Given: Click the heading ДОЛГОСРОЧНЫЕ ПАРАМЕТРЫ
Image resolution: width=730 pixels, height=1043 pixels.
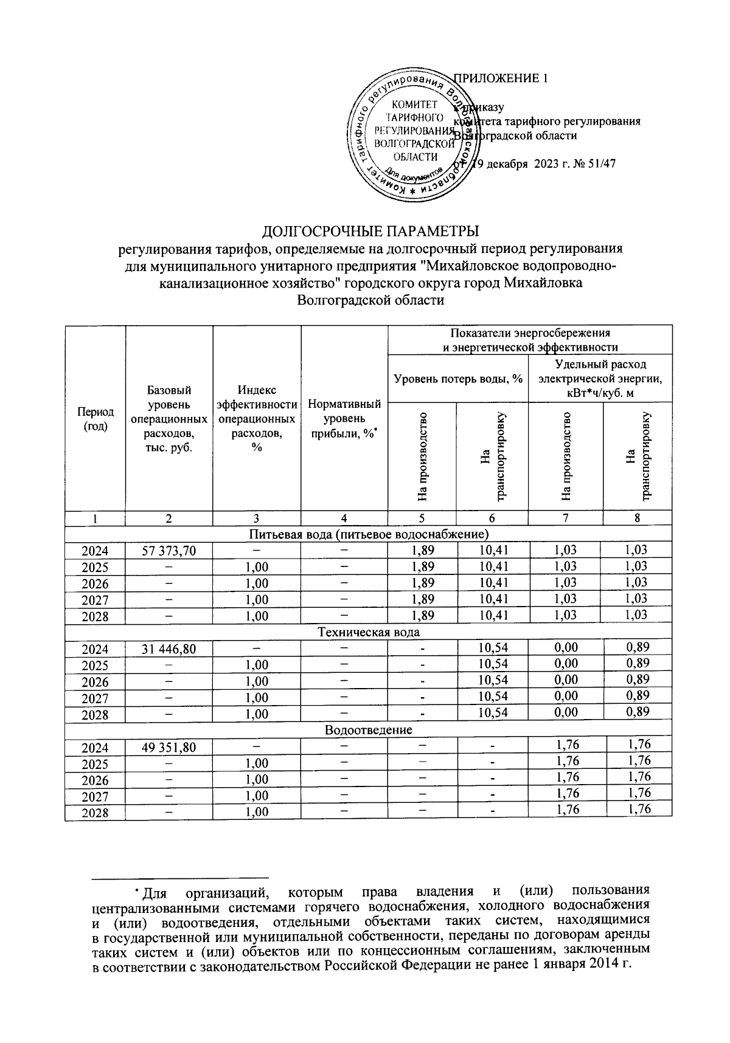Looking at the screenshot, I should tap(370, 232).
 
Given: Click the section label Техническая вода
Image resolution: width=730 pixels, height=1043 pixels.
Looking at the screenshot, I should tap(369, 632).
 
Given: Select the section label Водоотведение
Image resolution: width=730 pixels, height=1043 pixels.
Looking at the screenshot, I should tap(369, 730).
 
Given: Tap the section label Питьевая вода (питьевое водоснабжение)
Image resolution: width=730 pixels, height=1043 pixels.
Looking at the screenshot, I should tap(369, 534).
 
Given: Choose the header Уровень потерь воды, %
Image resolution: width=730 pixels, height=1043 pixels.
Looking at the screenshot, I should tap(459, 379).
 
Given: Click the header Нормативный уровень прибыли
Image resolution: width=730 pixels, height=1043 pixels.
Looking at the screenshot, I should tap(344, 419).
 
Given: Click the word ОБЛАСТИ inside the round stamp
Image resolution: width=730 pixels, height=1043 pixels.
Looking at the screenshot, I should tap(414, 157).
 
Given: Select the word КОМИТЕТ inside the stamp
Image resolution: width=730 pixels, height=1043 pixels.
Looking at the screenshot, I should tap(414, 105).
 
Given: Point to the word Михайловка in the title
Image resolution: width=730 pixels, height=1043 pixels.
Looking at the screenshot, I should tap(545, 283).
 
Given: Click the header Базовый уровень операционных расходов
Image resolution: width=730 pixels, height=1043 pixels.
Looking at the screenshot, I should tap(169, 419).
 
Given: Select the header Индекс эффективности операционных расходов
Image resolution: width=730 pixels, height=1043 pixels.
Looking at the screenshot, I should tap(257, 419).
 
